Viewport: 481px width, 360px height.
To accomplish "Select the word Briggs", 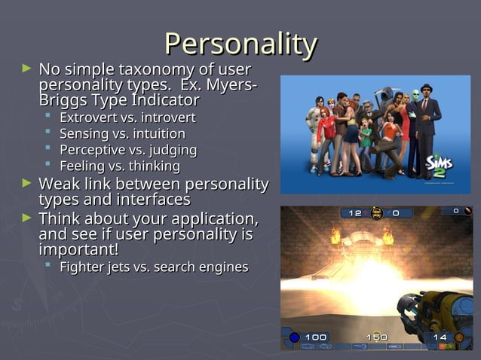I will [63, 100].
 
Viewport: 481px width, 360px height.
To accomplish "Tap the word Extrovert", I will [87, 117].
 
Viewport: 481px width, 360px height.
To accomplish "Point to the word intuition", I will [165, 133].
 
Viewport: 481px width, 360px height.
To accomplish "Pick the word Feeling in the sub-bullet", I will [83, 166].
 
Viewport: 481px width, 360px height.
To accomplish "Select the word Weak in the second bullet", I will [58, 185].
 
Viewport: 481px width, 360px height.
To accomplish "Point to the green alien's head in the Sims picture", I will [414, 96].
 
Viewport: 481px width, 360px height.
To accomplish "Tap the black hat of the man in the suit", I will [427, 87].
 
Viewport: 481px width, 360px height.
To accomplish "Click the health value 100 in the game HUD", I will [316, 336].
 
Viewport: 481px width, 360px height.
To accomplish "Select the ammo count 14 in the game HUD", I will [440, 336].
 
